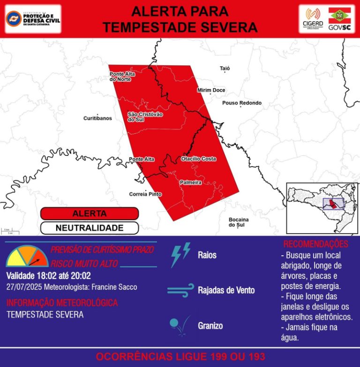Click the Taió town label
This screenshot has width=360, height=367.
225,69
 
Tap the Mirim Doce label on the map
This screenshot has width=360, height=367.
211,90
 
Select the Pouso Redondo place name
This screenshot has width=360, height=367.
242,103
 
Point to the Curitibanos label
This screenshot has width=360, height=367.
97,118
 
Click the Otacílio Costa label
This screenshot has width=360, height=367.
199,159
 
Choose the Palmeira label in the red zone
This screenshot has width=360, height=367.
191,182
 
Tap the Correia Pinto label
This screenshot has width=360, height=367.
145,194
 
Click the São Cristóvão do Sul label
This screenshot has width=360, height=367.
145,117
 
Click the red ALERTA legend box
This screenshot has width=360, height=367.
90,214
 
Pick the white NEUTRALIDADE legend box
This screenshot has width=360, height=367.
90,228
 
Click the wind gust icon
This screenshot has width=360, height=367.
180,290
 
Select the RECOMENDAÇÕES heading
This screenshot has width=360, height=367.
315,244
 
